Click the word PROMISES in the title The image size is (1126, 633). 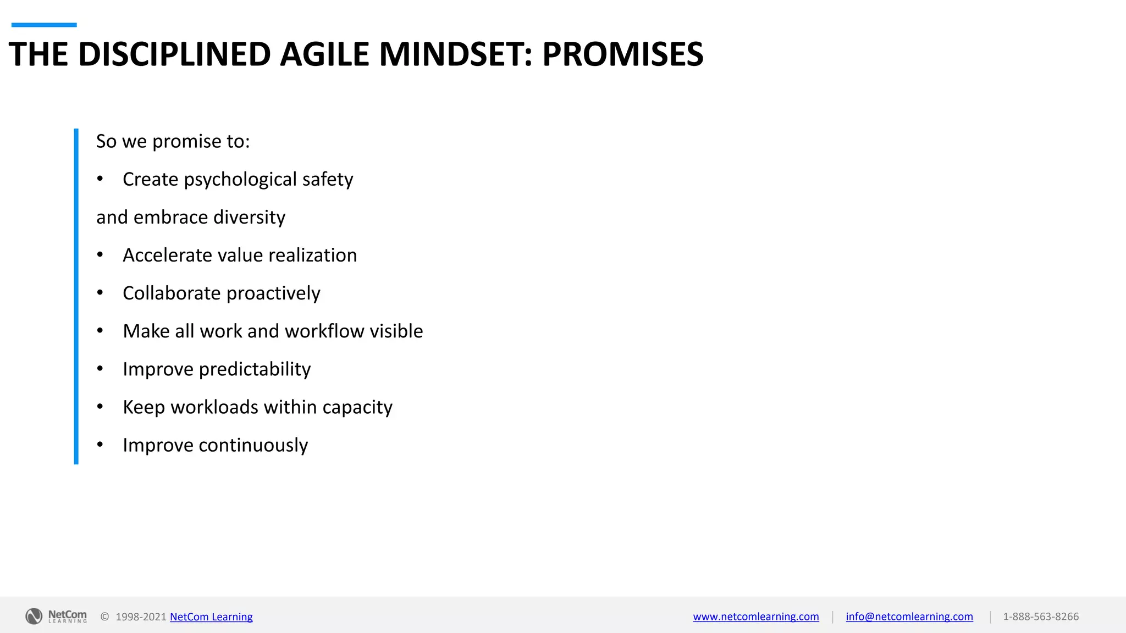[622, 54]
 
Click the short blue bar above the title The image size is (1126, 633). [44, 25]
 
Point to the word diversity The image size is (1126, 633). [249, 218]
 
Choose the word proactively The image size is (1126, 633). [273, 293]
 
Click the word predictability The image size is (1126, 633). [255, 369]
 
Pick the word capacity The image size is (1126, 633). [357, 407]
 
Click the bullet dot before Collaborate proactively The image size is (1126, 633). [100, 293]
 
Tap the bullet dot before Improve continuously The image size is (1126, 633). [100, 445]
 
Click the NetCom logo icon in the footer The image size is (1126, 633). [34, 617]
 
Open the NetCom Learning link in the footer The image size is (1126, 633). [211, 617]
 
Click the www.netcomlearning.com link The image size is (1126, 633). [756, 617]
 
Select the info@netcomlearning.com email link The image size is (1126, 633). [909, 617]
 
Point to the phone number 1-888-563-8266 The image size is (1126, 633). [1041, 617]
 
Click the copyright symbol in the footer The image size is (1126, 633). [104, 617]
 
